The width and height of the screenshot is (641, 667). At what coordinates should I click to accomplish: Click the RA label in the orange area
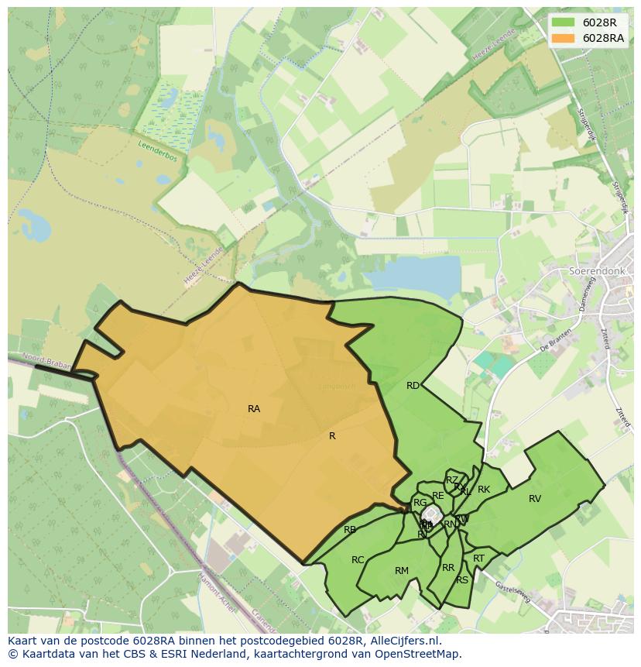point(254,409)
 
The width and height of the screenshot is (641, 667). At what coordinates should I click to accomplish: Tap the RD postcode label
point(413,386)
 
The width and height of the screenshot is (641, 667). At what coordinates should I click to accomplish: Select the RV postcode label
point(535,499)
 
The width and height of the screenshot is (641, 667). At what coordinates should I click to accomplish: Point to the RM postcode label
point(401,571)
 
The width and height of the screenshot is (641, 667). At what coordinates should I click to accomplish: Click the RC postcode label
point(358,560)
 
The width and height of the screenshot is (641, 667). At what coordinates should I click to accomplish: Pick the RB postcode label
point(350,530)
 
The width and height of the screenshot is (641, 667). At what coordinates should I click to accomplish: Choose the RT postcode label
point(478,559)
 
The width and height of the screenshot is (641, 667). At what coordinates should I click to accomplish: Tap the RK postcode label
point(484,490)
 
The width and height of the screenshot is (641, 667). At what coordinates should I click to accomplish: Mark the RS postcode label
point(462,580)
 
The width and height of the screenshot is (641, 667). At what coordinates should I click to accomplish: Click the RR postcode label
point(448,568)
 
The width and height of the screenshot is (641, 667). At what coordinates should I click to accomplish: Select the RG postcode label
point(420,503)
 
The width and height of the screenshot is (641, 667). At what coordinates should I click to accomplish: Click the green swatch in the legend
point(563,22)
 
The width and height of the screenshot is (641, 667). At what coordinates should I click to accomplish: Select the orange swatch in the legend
point(563,38)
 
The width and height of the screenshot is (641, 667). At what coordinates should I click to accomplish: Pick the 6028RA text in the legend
point(604,38)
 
